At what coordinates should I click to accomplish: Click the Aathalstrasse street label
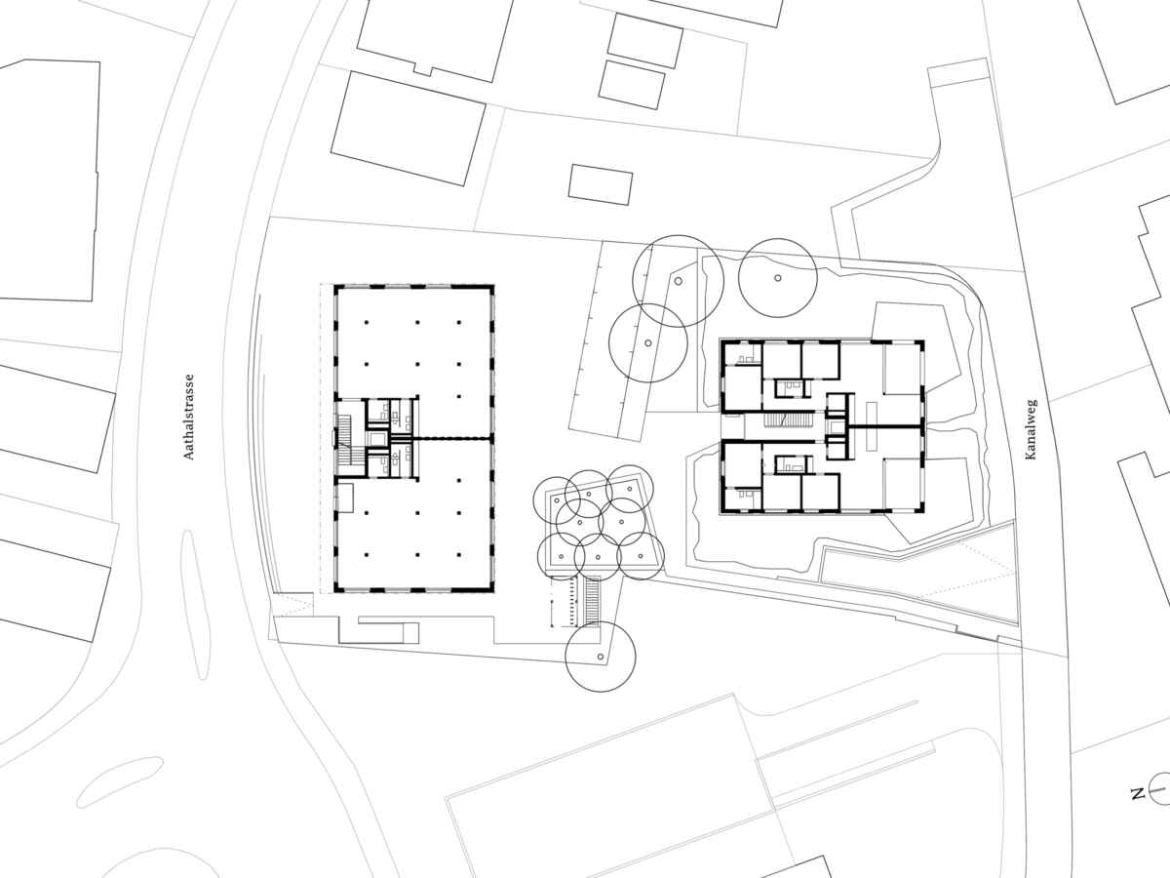pyautogui.click(x=189, y=417)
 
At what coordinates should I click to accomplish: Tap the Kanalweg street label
pyautogui.click(x=1032, y=429)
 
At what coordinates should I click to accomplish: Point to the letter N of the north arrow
pyautogui.click(x=1138, y=809)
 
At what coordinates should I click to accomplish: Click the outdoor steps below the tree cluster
pyautogui.click(x=592, y=601)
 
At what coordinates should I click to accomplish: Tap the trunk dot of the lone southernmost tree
pyautogui.click(x=601, y=657)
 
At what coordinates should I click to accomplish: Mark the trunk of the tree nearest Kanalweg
pyautogui.click(x=778, y=278)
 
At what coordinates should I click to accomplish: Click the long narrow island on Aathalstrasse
pyautogui.click(x=195, y=604)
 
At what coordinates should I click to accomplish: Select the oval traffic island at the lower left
pyautogui.click(x=119, y=782)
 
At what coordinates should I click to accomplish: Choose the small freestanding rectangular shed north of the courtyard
pyautogui.click(x=601, y=184)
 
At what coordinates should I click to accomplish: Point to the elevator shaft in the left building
pyautogui.click(x=378, y=439)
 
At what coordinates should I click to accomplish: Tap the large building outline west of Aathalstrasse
pyautogui.click(x=50, y=180)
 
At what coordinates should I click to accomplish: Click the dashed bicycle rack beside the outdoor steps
pyautogui.click(x=564, y=601)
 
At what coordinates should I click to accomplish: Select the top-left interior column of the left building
pyautogui.click(x=367, y=323)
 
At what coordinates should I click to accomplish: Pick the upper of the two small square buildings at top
pyautogui.click(x=645, y=41)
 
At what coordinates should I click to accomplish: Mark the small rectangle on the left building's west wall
pyautogui.click(x=345, y=498)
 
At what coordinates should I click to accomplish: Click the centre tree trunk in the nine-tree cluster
pyautogui.click(x=621, y=521)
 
